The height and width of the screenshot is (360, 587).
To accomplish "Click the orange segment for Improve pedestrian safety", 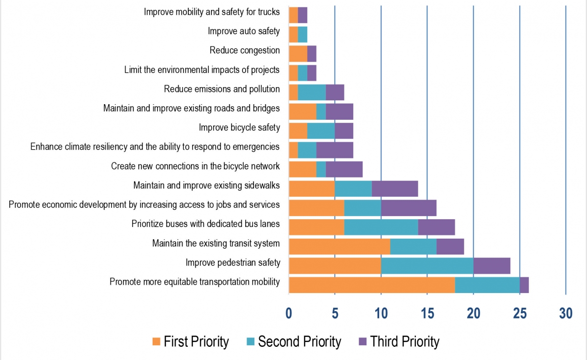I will pyautogui.click(x=335, y=265).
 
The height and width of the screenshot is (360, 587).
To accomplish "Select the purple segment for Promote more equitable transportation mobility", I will pyautogui.click(x=524, y=285).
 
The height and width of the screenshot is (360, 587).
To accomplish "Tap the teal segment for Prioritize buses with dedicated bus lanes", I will pyautogui.click(x=381, y=227).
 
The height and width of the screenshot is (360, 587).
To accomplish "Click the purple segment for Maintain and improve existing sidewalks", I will pyautogui.click(x=394, y=188).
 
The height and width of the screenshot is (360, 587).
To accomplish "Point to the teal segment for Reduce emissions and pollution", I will pyautogui.click(x=312, y=92).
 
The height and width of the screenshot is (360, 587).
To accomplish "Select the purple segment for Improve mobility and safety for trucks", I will pyautogui.click(x=302, y=15).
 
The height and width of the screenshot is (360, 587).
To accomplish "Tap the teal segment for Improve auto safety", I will pyautogui.click(x=302, y=34).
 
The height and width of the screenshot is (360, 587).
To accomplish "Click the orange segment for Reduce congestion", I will pyautogui.click(x=297, y=53).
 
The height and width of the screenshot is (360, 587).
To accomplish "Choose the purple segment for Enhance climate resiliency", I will pyautogui.click(x=335, y=150).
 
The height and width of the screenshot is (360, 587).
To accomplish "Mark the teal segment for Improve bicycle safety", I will pyautogui.click(x=321, y=131).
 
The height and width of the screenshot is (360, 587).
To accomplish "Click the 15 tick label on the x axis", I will pyautogui.click(x=427, y=314).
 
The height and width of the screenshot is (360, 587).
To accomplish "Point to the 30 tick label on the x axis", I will pyautogui.click(x=565, y=314).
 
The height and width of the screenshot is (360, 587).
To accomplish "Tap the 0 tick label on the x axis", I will pyautogui.click(x=289, y=314).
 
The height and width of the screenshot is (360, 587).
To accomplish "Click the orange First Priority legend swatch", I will pyautogui.click(x=156, y=341).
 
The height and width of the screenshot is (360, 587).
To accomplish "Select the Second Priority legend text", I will pyautogui.click(x=299, y=341).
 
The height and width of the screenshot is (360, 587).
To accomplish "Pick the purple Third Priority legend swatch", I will pyautogui.click(x=363, y=341).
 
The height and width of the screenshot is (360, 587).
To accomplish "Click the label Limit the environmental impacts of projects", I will pyautogui.click(x=202, y=69).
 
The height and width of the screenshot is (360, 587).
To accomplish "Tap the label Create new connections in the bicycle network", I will pyautogui.click(x=195, y=166).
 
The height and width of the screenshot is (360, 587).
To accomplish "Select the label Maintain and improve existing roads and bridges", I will pyautogui.click(x=191, y=108).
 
